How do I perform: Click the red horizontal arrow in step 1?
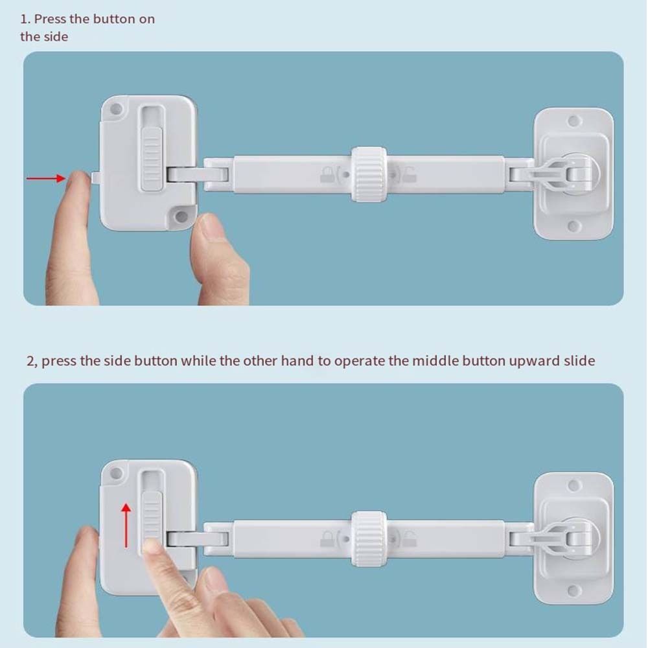[46, 178]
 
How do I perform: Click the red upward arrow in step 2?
[126, 525]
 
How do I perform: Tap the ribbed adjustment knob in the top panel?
[369, 174]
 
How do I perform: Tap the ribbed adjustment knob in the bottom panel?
[369, 538]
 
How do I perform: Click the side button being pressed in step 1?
[95, 178]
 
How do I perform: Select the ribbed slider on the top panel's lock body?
[152, 159]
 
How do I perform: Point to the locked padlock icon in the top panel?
[328, 174]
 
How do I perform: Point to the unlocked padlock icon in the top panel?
[409, 175]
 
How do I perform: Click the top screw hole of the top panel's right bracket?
[573, 121]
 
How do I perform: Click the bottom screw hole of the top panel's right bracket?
[573, 226]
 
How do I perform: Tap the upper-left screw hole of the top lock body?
[116, 109]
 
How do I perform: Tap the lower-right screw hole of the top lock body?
[181, 216]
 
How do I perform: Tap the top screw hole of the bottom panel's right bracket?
[573, 485]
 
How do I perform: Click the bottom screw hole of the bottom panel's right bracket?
[573, 590]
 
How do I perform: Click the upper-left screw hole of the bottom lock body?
[116, 474]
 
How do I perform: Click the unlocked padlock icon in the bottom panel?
[409, 539]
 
